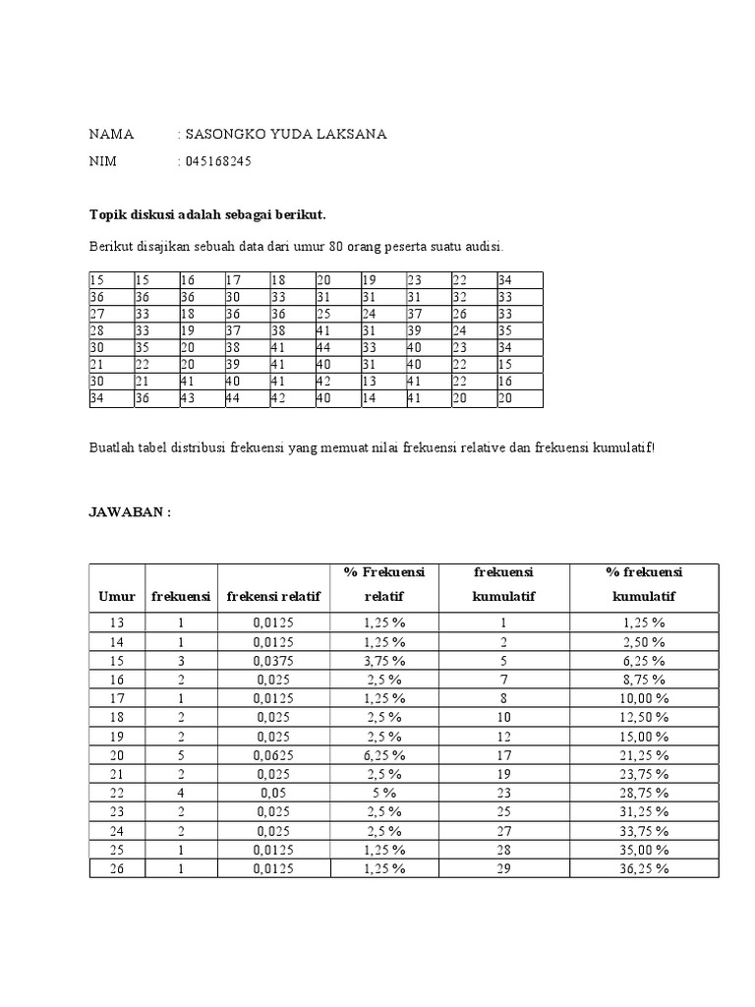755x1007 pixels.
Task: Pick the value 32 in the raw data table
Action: pyautogui.click(x=460, y=297)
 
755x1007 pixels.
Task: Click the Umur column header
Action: pyautogui.click(x=117, y=597)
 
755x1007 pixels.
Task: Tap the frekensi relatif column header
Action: pyautogui.click(x=274, y=597)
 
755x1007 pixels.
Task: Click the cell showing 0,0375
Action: pyautogui.click(x=274, y=660)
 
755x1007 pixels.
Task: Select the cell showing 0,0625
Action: pyautogui.click(x=274, y=755)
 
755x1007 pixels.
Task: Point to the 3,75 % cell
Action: pyautogui.click(x=383, y=660)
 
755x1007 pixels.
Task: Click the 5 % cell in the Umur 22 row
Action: pyautogui.click(x=383, y=793)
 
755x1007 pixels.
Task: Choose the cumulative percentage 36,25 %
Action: pyautogui.click(x=645, y=868)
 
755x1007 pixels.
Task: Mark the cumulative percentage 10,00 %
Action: pyautogui.click(x=645, y=698)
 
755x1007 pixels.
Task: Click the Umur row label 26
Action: pyautogui.click(x=117, y=868)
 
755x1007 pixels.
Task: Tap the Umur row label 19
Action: pyautogui.click(x=117, y=736)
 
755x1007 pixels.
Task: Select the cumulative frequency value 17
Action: pyautogui.click(x=503, y=755)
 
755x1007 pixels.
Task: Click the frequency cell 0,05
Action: pyautogui.click(x=274, y=793)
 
